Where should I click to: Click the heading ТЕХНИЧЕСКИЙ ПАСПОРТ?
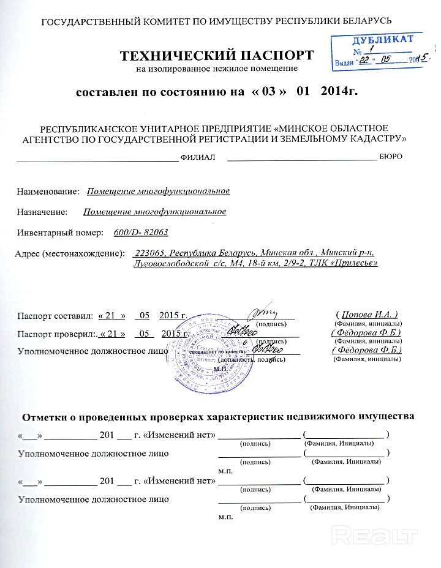[x=217, y=56]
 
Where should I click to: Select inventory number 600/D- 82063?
[x=141, y=233]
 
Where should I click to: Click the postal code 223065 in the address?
[x=150, y=253]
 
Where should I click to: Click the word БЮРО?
[x=390, y=157]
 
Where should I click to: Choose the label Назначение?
[x=43, y=212]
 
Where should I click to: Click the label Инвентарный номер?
[x=57, y=233]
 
